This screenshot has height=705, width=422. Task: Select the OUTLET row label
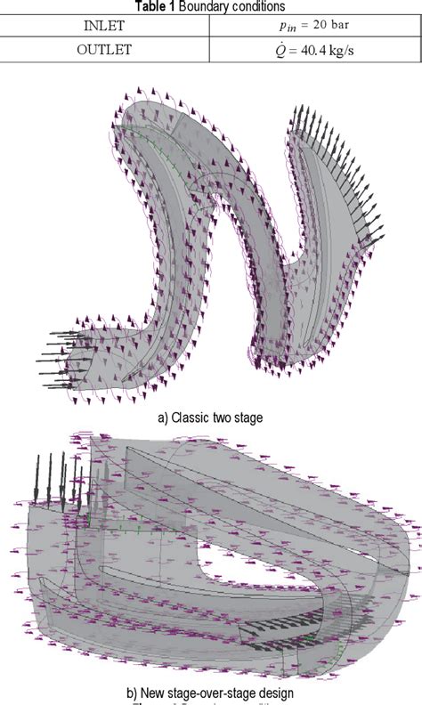pyautogui.click(x=105, y=50)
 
